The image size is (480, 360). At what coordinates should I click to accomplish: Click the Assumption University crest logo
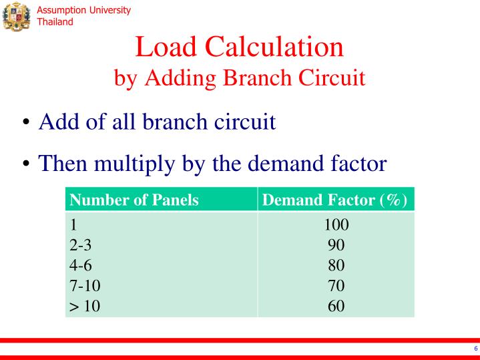17,15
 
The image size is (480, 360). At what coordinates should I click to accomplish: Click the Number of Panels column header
134,200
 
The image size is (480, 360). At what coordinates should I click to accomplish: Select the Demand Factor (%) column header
335,200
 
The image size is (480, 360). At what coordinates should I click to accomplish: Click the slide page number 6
475,349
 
